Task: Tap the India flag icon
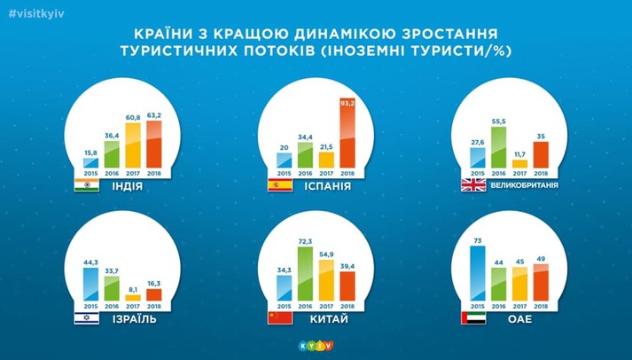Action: pyautogui.click(x=86, y=186)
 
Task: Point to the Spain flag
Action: pyautogui.click(x=279, y=186)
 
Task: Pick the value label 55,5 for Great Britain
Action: pyautogui.click(x=500, y=120)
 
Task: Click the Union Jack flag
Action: pyautogui.click(x=472, y=186)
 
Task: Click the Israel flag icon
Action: pyautogui.click(x=86, y=317)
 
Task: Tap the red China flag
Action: pyautogui.click(x=279, y=317)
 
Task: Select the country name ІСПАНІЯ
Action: pyautogui.click(x=328, y=187)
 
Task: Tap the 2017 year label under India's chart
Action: pyautogui.click(x=132, y=173)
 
